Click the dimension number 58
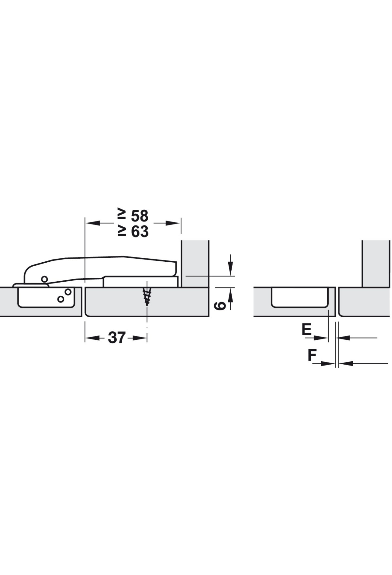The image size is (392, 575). tap(139, 216)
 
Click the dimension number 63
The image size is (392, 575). tap(139, 232)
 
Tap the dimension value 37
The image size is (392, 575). tap(117, 338)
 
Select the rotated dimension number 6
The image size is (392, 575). tap(220, 305)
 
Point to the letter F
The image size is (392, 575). tap(312, 355)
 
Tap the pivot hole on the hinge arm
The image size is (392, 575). tap(44, 279)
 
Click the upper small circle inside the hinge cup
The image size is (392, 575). tap(68, 292)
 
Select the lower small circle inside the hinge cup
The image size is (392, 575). tap(61, 299)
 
